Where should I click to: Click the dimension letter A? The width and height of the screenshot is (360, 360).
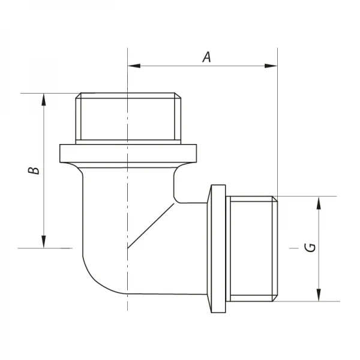[206, 57]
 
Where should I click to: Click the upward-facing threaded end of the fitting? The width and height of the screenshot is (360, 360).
[128, 117]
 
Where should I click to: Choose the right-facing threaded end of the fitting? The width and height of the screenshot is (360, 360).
[252, 248]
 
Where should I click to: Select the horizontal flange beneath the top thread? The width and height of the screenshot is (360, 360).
[128, 152]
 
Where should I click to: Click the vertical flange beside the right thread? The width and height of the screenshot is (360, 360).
[216, 248]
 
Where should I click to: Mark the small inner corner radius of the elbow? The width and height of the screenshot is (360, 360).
[175, 196]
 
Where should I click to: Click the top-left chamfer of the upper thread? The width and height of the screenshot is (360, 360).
[76, 96]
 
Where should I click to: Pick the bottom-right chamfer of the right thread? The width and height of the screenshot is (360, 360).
[277, 296]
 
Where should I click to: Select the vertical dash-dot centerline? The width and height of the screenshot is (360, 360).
[128, 270]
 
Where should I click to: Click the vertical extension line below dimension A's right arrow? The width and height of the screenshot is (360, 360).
[277, 132]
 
